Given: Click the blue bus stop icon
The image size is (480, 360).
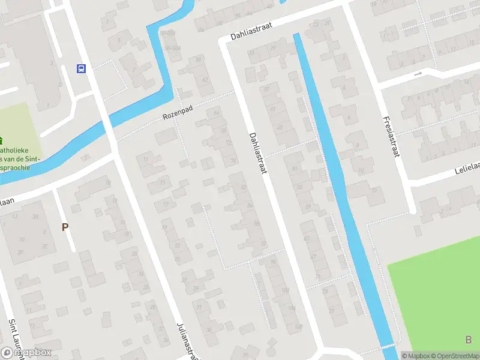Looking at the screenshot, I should coord(81,68).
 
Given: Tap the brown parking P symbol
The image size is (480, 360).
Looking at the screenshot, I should coord(65,227).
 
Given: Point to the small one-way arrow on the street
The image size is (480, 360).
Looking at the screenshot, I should coord(418,74).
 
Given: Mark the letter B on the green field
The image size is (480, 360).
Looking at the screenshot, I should coord(468,340).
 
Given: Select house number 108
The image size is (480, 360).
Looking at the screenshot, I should coord(298,327).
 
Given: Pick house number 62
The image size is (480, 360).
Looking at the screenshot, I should coord(205,79).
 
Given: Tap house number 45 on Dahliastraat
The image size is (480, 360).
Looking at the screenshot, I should coord(280,127).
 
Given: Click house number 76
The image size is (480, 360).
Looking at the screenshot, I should coord(233,161).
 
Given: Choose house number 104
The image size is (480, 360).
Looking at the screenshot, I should coord(292,308).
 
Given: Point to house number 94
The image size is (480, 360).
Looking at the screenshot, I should coord(273,261).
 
